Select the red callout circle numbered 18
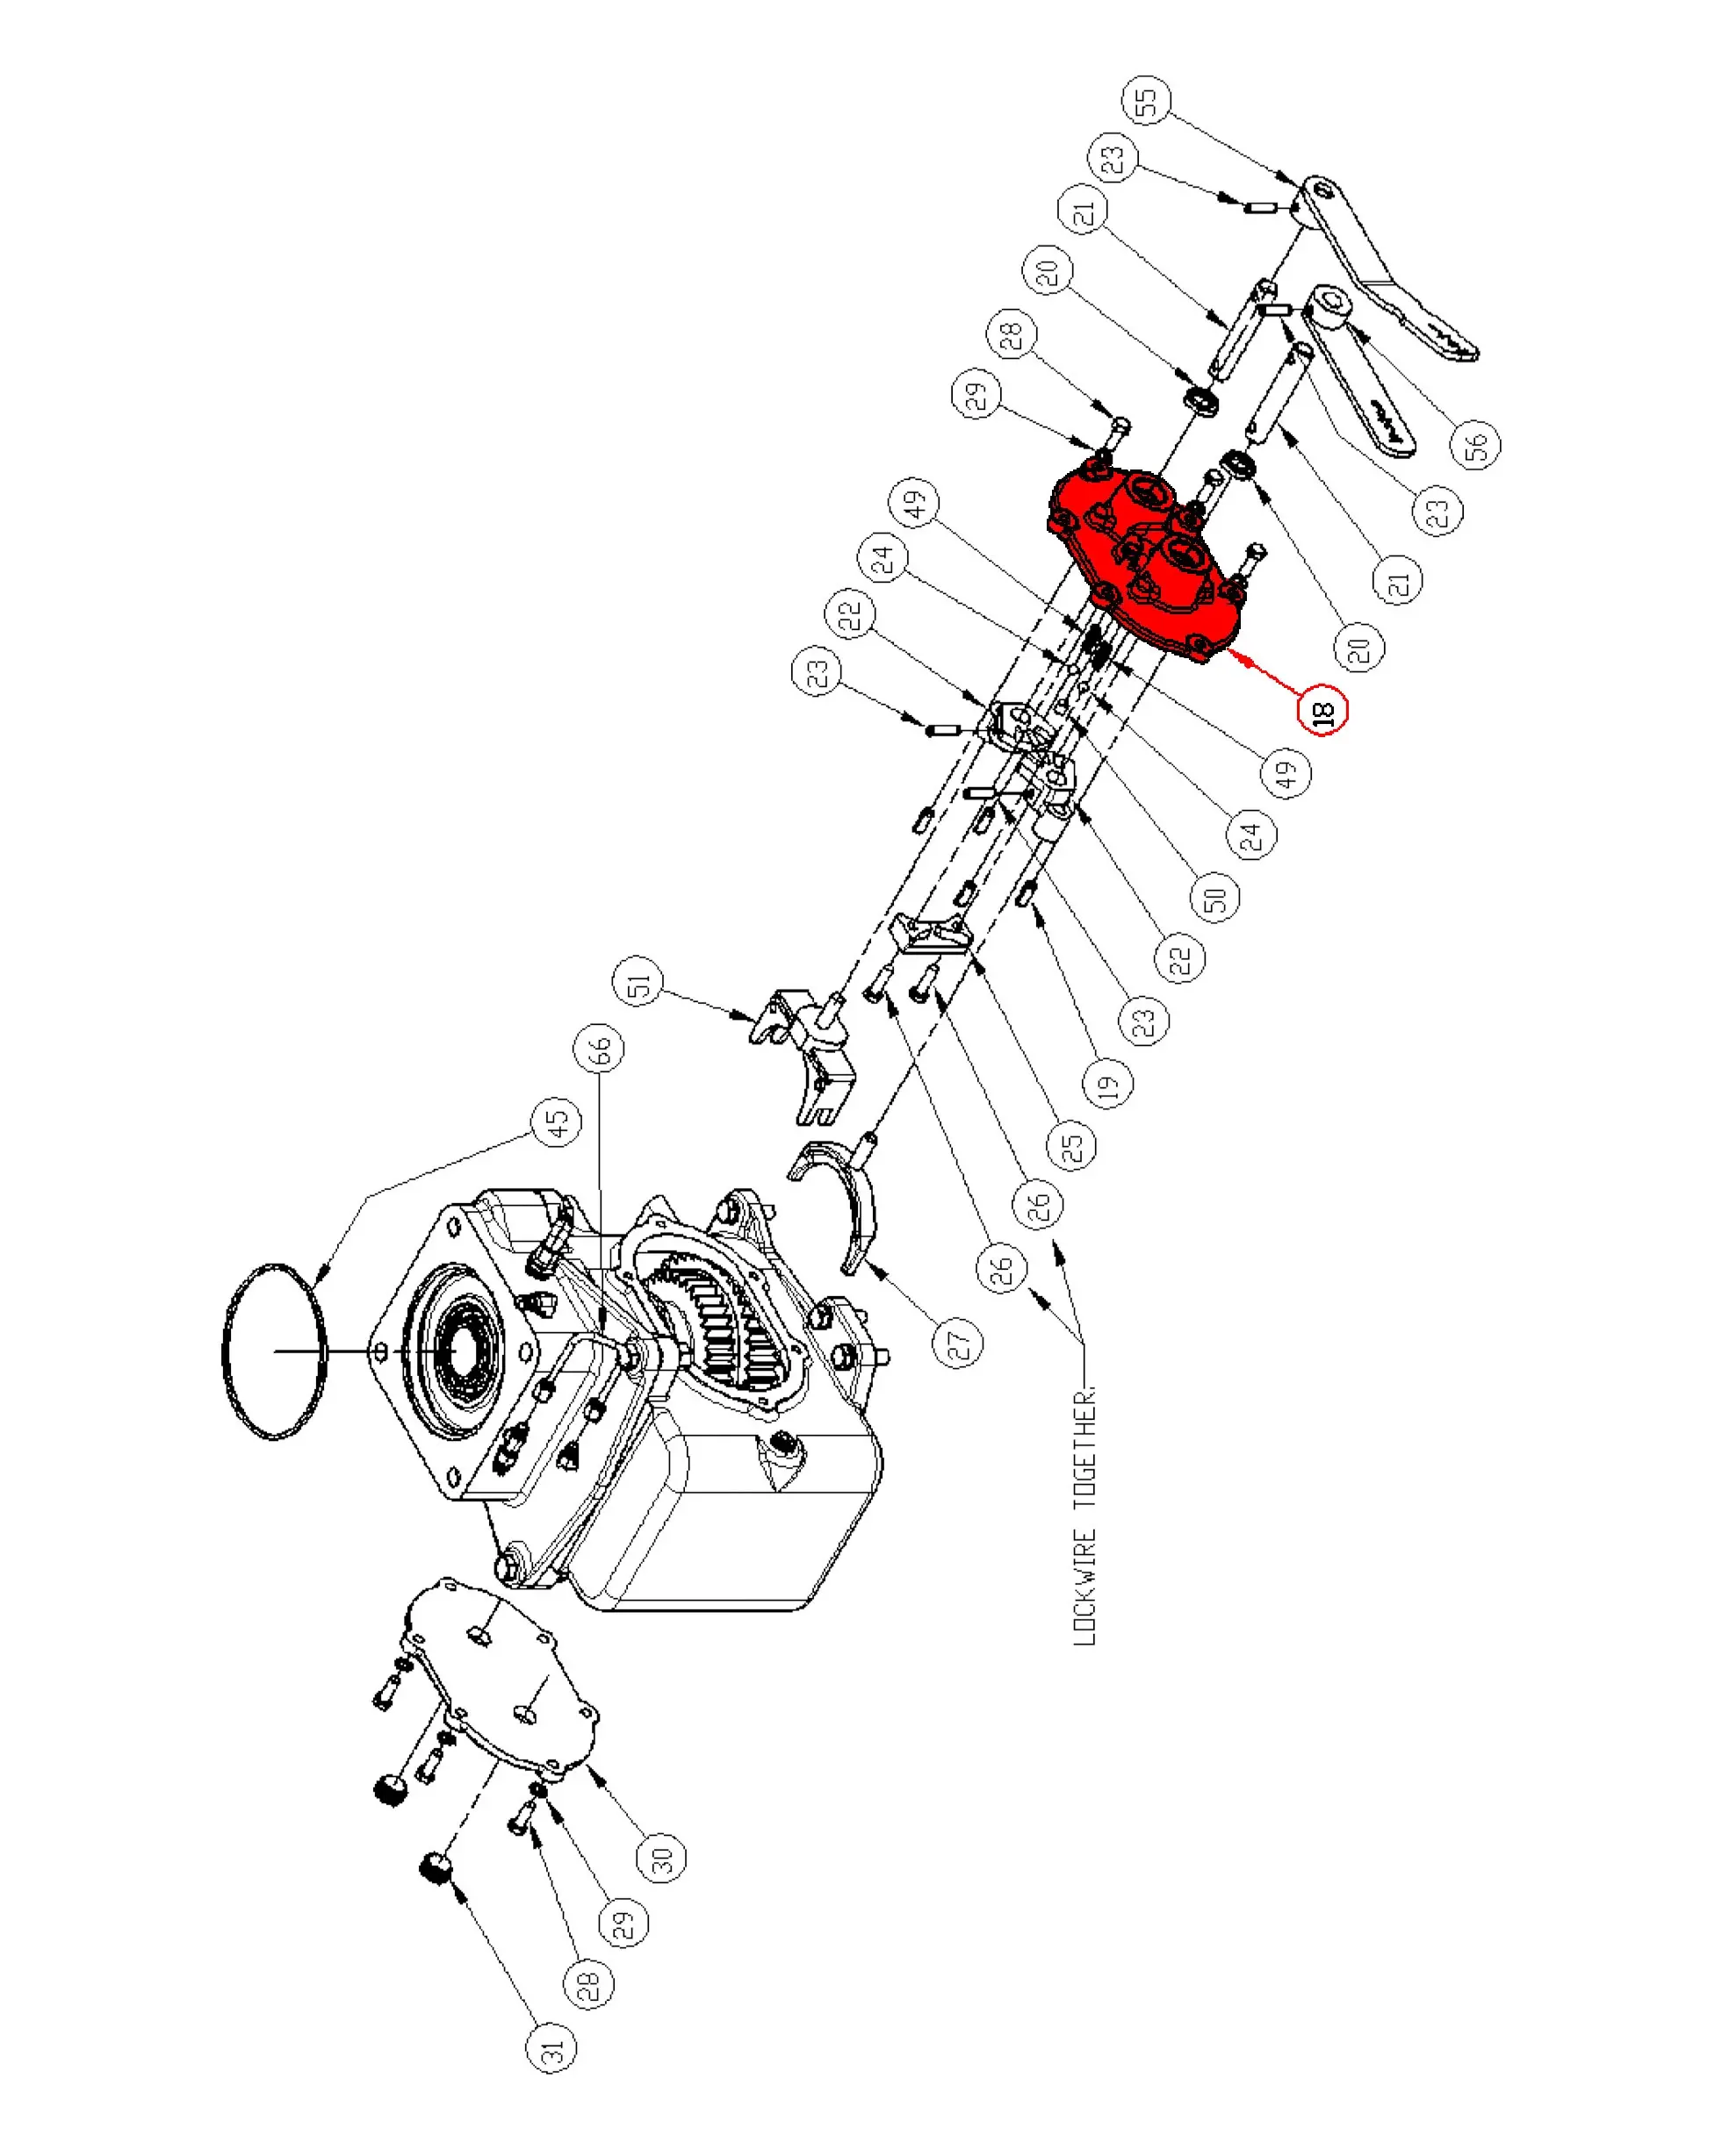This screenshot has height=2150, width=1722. [x=1323, y=711]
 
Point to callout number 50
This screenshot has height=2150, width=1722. [x=1215, y=897]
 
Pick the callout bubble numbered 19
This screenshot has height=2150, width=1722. [x=1109, y=1084]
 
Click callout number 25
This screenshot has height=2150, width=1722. [x=1071, y=1145]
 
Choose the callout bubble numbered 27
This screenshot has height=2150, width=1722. [x=958, y=1343]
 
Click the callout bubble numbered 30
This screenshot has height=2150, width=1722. [x=661, y=1858]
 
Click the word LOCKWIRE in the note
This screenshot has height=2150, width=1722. [x=1084, y=1586]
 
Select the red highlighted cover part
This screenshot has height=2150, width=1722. [x=1148, y=558]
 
